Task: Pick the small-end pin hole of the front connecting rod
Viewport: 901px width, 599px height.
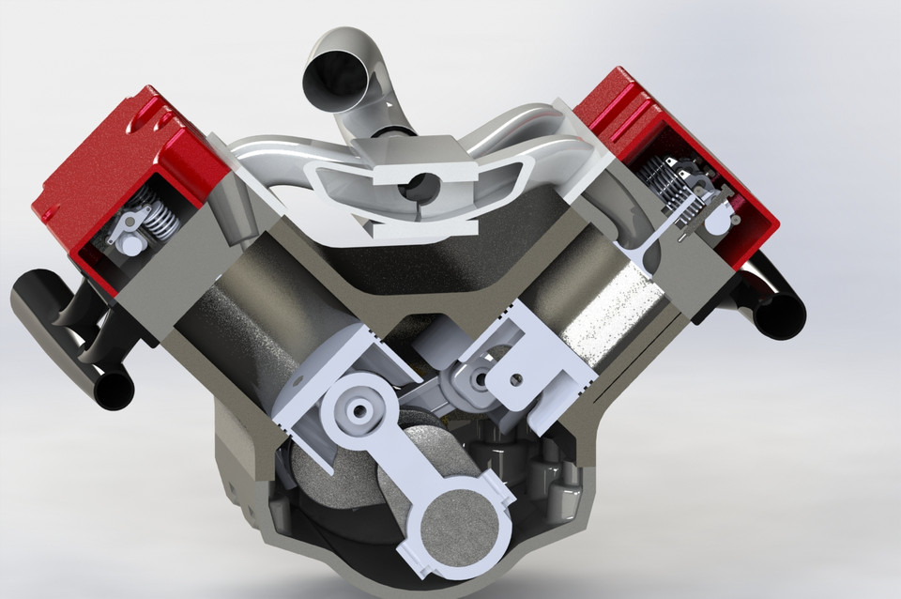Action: (x=359, y=410)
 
